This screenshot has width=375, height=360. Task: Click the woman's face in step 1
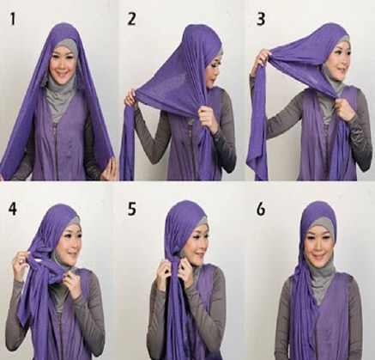click(x=62, y=64)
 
